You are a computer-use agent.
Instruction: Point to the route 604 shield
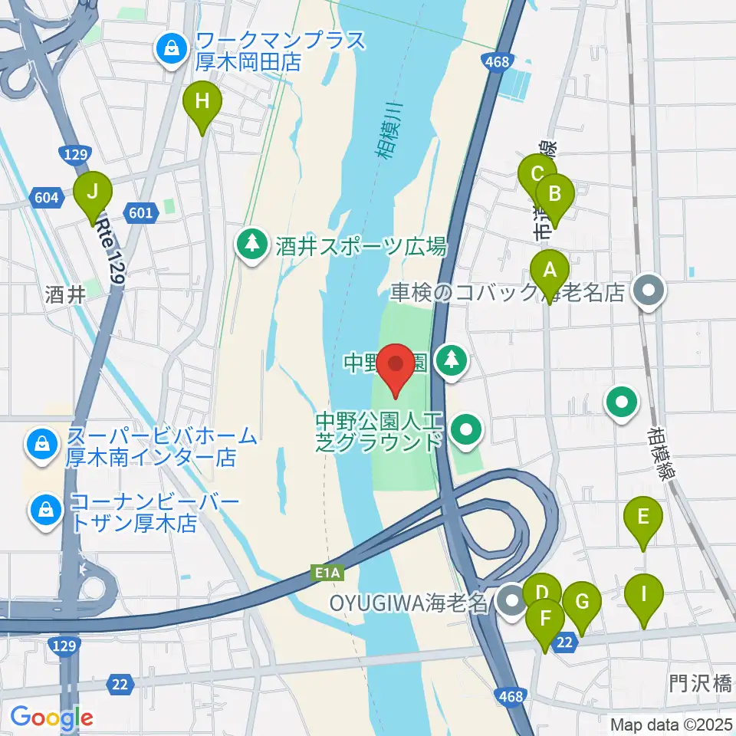46,198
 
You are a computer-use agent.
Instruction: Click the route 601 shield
141,213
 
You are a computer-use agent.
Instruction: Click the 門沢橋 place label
700,683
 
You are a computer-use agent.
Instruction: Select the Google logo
51,717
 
